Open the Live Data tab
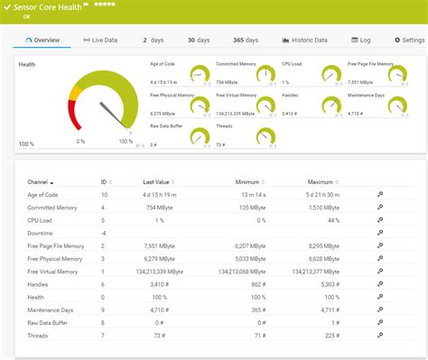point(102,40)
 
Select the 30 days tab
point(197,40)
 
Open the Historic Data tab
point(304,40)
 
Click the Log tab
point(360,40)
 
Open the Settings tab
point(408,40)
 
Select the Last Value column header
point(157,181)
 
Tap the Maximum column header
point(320,181)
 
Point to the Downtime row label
point(42,233)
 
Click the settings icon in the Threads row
point(380,335)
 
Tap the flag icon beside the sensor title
point(87,6)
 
